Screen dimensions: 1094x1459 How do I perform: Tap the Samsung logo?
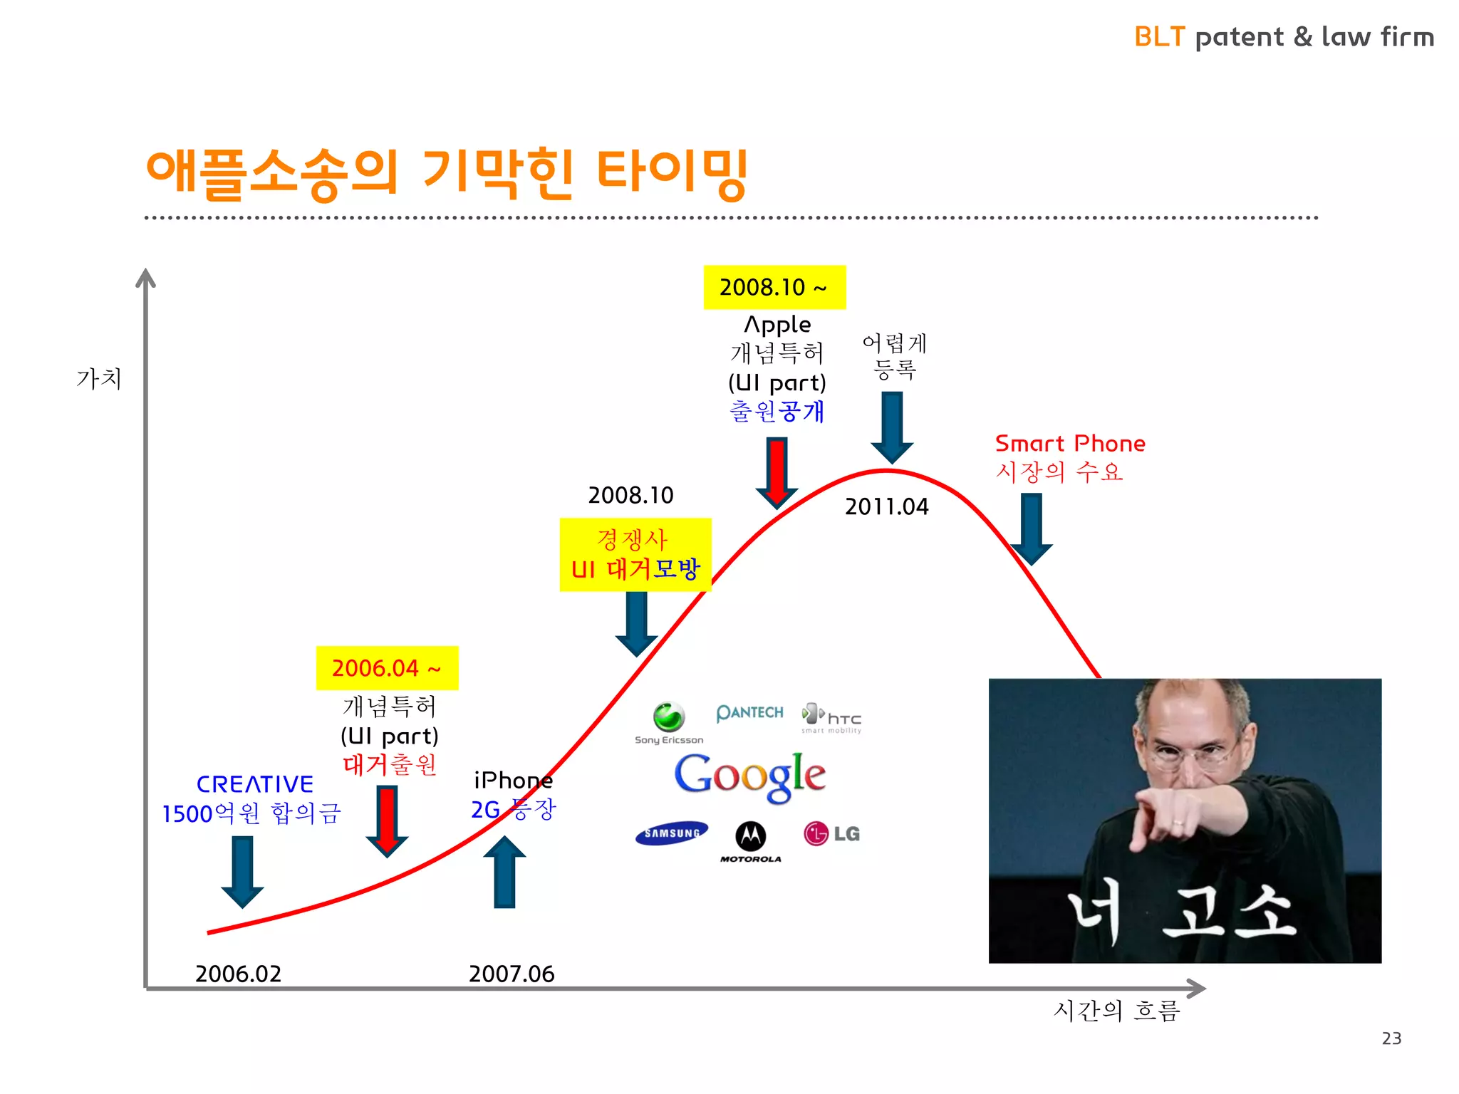(x=671, y=833)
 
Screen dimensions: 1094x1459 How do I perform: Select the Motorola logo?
(x=750, y=841)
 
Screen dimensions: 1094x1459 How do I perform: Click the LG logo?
(x=831, y=833)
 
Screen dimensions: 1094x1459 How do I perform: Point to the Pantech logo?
(x=749, y=712)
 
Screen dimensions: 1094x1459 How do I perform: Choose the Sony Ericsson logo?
(x=669, y=723)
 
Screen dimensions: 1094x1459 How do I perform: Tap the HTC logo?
(x=832, y=717)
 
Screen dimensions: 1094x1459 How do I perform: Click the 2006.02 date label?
(x=238, y=974)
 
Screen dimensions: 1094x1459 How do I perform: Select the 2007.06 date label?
(x=512, y=974)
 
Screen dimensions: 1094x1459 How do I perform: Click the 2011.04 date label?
(x=886, y=506)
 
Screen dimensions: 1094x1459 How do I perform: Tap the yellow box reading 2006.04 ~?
(x=387, y=668)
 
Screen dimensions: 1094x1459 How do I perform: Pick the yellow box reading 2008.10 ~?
(x=774, y=287)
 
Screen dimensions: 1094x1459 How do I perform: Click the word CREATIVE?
(x=254, y=784)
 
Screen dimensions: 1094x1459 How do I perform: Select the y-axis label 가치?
(x=99, y=378)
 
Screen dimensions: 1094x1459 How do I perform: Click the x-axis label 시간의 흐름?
(x=1116, y=1011)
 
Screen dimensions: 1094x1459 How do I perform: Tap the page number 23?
(x=1391, y=1038)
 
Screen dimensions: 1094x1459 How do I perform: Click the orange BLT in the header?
(x=1159, y=37)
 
